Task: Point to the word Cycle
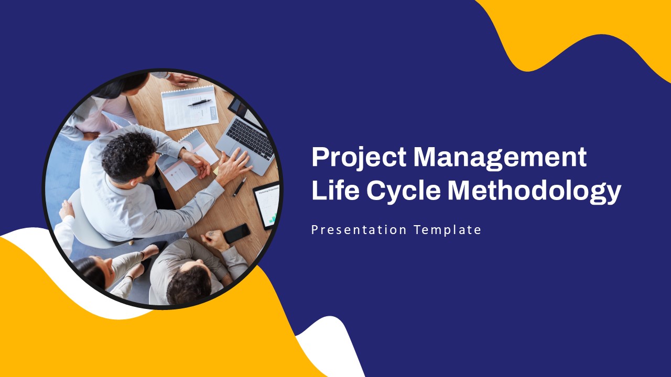tap(403, 192)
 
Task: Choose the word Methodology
tap(534, 192)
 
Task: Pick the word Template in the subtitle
tap(448, 230)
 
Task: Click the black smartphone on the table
tap(237, 233)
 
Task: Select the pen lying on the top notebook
tap(199, 103)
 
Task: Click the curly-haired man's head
tap(129, 157)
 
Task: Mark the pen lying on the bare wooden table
tap(240, 187)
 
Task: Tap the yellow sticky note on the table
tap(215, 171)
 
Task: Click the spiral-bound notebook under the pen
tap(190, 108)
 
